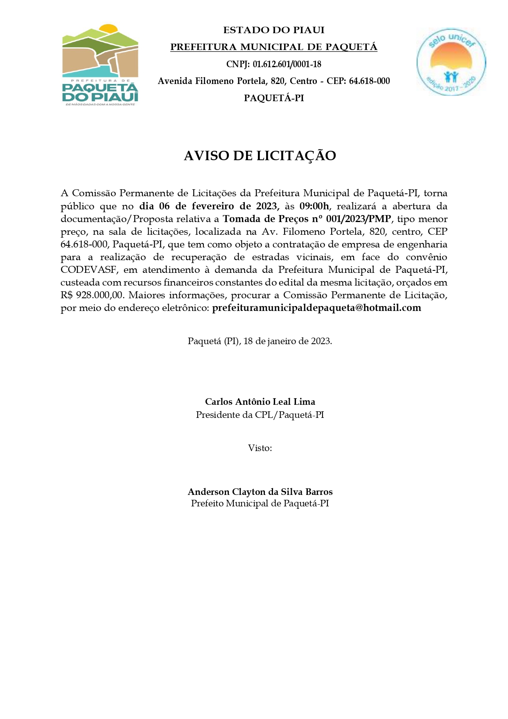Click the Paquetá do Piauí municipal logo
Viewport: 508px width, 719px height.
pyautogui.click(x=100, y=65)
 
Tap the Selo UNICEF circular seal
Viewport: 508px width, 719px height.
pyautogui.click(x=451, y=62)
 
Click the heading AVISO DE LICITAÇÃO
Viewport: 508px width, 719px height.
pyautogui.click(x=260, y=156)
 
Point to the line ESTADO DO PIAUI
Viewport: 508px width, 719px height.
pyautogui.click(x=273, y=30)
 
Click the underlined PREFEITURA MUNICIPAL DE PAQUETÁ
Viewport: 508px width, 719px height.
pyautogui.click(x=273, y=47)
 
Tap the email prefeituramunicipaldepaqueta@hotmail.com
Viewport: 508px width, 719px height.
pyautogui.click(x=316, y=308)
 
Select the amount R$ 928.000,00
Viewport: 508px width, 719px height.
pyautogui.click(x=92, y=295)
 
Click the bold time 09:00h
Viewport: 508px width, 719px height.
pyautogui.click(x=314, y=206)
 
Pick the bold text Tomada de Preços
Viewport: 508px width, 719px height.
pyautogui.click(x=265, y=219)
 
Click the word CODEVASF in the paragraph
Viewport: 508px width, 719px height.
pyautogui.click(x=87, y=270)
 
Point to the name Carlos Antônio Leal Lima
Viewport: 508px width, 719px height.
pyautogui.click(x=260, y=402)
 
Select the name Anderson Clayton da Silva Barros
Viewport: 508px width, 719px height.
pyautogui.click(x=260, y=492)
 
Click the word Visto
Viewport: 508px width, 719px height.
pyautogui.click(x=259, y=448)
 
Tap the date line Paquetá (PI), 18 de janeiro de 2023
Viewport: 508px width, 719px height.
pyautogui.click(x=260, y=341)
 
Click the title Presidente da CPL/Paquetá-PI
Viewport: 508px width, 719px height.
pyautogui.click(x=260, y=415)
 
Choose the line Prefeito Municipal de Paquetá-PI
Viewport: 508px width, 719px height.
pyautogui.click(x=260, y=504)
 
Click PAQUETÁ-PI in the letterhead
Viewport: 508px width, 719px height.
pyautogui.click(x=273, y=98)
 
